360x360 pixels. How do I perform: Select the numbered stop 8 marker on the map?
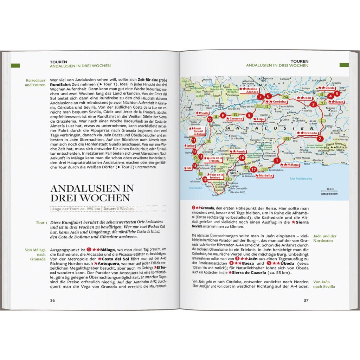pos(249,115)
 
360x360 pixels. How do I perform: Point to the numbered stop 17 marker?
pos(253,170)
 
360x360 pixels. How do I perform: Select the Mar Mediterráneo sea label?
pos(301,179)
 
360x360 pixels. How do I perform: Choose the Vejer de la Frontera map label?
pos(216,175)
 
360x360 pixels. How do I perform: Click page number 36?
pos(52,300)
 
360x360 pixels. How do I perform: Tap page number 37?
pos(306,300)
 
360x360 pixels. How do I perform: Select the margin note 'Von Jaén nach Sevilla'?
pos(324,284)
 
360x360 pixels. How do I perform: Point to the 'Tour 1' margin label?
pos(41,223)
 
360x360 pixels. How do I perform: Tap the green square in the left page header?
pos(15,66)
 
